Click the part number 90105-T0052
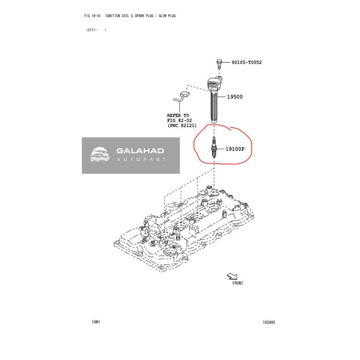pos(246,62)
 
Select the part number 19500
pos(235,97)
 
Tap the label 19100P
pos(236,148)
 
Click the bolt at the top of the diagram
pos(219,62)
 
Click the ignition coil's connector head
pos(215,81)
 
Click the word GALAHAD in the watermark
pos(140,151)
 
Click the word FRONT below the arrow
pos(238,284)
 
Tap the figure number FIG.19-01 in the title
pos(94,16)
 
